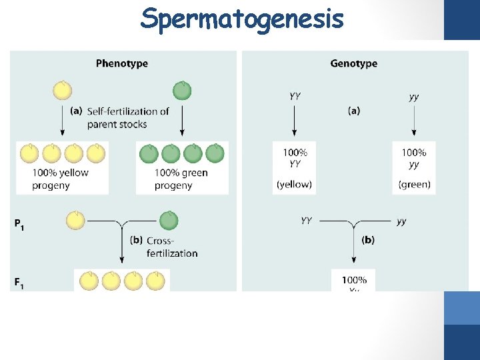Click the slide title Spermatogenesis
point(241,19)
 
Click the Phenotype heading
point(122,64)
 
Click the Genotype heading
point(353,64)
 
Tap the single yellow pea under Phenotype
point(63,90)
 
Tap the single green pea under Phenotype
point(181,90)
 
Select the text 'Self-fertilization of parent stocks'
point(127,118)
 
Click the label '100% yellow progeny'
point(60,179)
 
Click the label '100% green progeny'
point(181,179)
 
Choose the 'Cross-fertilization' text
point(171,247)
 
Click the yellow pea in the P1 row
point(76,220)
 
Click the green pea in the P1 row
point(169,220)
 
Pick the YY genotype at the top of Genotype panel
point(295,96)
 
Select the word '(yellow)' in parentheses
point(294,185)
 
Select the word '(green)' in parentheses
point(414,185)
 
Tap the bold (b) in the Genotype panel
point(367,240)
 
